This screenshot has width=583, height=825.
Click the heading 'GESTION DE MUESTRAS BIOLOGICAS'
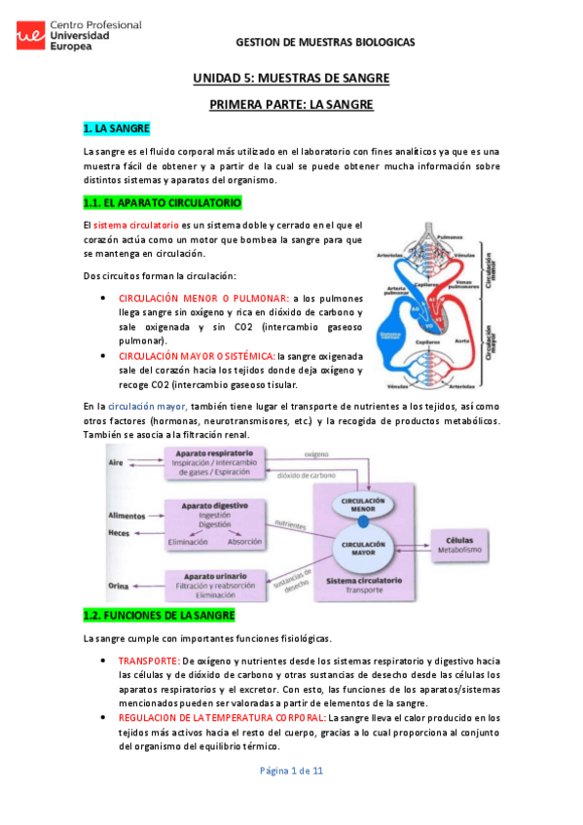pos(325,43)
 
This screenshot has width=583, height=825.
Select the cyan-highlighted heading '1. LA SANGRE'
pos(116,128)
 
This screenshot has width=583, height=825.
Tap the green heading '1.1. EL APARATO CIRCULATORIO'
pos(163,202)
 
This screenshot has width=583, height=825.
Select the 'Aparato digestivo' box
pos(214,522)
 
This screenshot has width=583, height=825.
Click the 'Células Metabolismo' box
pos(459,545)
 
